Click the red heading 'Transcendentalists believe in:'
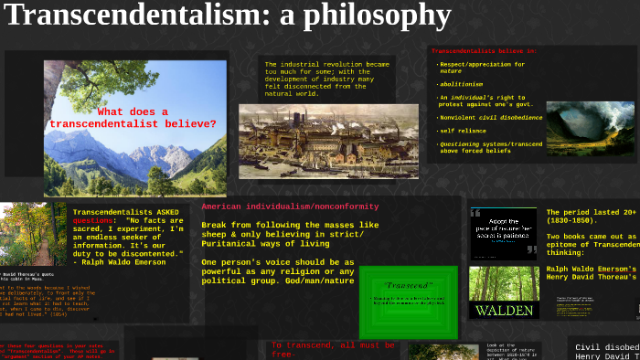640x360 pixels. (x=483, y=51)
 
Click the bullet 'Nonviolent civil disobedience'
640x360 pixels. (x=491, y=117)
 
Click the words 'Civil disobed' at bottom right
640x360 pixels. (x=605, y=346)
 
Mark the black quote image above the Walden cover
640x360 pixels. (x=504, y=228)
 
